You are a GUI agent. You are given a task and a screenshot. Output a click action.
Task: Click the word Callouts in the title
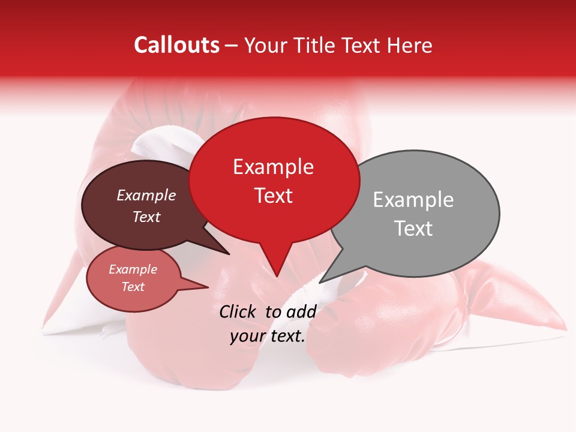point(176,45)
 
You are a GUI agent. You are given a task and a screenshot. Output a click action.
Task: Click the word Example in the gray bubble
point(413,200)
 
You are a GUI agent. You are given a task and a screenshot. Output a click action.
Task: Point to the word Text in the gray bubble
point(413,229)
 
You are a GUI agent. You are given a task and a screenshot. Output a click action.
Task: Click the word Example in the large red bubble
point(273,167)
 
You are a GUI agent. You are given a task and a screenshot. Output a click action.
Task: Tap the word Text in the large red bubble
point(273,196)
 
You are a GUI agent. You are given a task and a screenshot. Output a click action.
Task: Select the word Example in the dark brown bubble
point(146,195)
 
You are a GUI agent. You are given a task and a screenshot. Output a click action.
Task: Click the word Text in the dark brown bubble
point(146,217)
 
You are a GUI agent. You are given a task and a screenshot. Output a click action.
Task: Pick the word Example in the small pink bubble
point(133,269)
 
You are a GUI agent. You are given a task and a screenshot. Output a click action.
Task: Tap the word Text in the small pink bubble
point(133,287)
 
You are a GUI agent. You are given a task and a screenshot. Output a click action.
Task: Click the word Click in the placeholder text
point(238,311)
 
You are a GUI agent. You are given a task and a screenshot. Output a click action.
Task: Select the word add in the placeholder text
point(301,311)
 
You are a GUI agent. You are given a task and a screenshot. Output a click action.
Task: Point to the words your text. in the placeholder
point(268,337)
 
